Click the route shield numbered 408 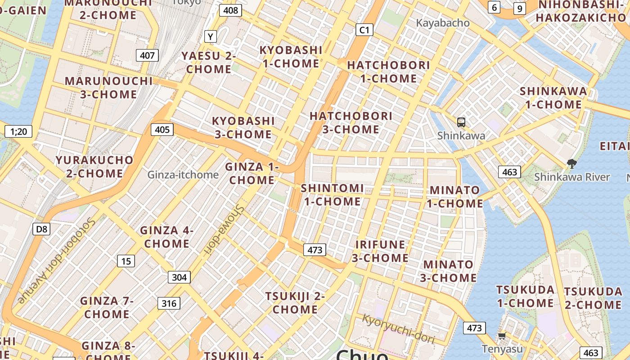coord(230,10)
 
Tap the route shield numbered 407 coord(147,56)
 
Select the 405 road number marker coord(162,130)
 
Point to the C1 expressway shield coord(364,30)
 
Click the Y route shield coord(211,36)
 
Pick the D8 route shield coord(41,229)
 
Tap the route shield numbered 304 coord(179,277)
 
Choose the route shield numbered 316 coord(169,303)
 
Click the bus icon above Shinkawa coord(461,122)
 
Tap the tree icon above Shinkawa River coord(572,164)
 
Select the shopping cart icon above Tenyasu coord(502,336)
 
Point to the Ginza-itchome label coord(183,175)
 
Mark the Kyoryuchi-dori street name coord(399,329)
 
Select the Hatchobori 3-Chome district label coord(351,122)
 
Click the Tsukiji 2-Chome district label coord(295,303)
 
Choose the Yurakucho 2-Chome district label coord(94,166)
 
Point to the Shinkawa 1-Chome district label coord(553,98)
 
